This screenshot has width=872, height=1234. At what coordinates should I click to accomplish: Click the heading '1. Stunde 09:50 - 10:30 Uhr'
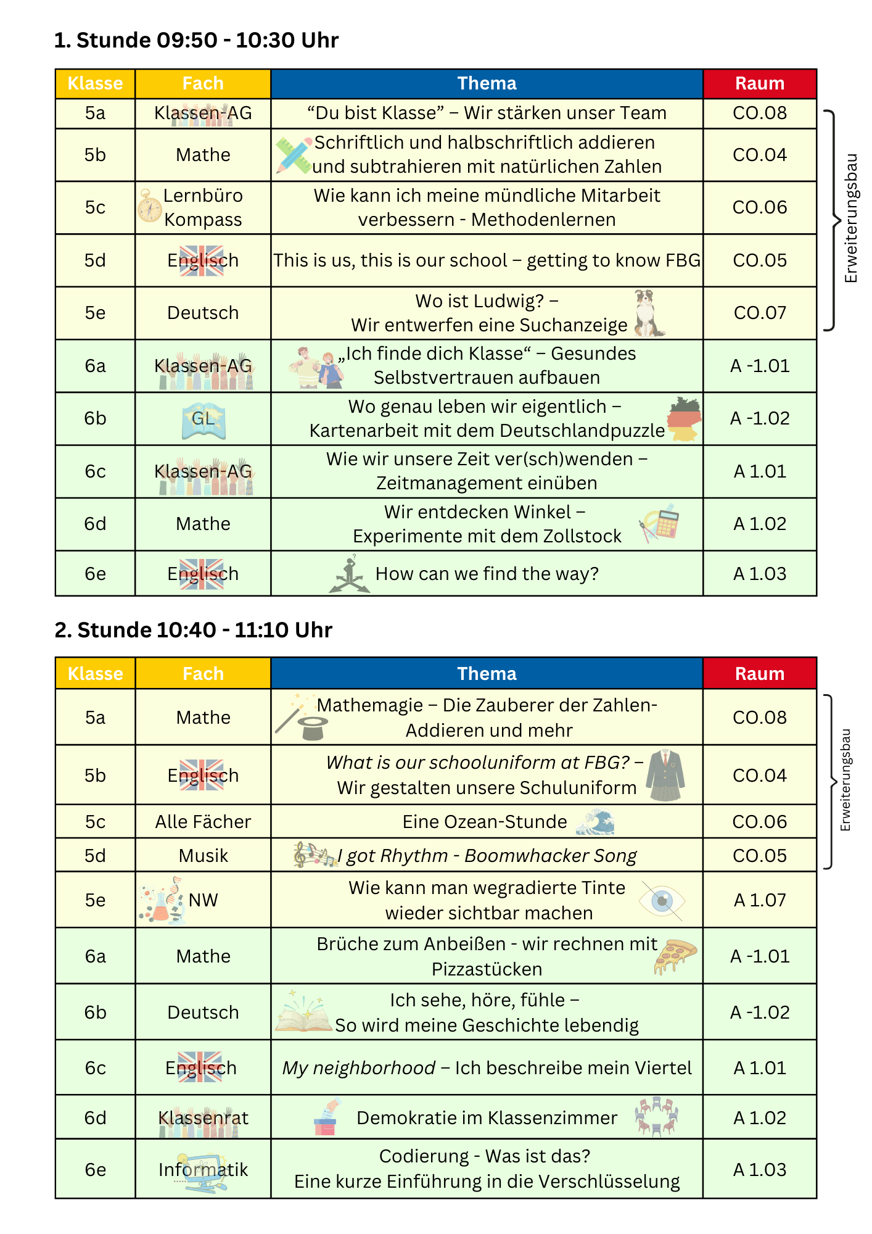click(x=196, y=40)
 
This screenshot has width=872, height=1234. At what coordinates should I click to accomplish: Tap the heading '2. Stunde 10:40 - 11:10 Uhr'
click(x=193, y=630)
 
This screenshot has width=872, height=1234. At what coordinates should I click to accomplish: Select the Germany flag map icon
click(x=685, y=419)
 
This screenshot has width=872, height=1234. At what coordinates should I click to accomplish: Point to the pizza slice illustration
click(x=675, y=956)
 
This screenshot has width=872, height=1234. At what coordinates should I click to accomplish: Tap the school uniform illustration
click(x=665, y=776)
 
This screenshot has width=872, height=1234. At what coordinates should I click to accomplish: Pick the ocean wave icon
click(x=595, y=822)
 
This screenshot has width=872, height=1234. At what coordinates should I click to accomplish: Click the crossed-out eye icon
click(x=662, y=901)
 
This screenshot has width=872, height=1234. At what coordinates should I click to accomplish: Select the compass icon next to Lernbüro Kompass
click(x=149, y=207)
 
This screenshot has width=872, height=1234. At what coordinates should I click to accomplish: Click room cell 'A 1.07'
click(x=760, y=900)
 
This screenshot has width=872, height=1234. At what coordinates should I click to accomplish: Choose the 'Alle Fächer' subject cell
click(x=203, y=822)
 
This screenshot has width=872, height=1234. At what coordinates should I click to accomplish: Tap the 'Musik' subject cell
click(x=203, y=856)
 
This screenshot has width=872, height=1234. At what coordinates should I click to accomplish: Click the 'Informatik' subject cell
click(x=203, y=1170)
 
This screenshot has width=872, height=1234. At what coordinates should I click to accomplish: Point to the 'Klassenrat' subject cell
click(x=203, y=1118)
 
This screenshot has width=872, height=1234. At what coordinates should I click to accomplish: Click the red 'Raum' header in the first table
click(x=760, y=83)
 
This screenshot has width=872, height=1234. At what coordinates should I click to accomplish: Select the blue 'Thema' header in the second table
click(x=487, y=673)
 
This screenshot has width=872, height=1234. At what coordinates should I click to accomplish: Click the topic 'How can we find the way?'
click(x=487, y=574)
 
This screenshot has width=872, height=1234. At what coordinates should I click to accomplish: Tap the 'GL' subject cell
click(x=203, y=419)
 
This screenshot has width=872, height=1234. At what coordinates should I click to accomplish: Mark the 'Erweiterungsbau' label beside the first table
click(x=852, y=218)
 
